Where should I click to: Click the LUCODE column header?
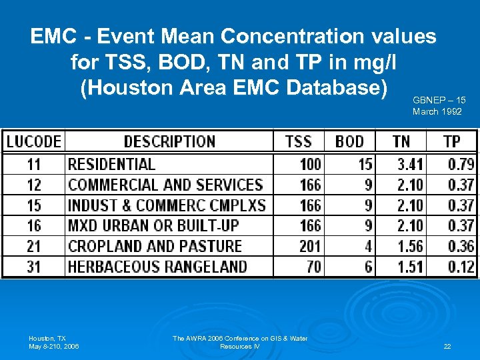tap(34, 141)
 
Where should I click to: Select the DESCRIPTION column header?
tap(169, 141)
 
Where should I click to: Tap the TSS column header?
tap(298, 141)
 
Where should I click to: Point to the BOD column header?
tap(349, 141)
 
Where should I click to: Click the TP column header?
tap(451, 141)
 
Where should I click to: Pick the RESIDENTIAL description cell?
tap(111, 164)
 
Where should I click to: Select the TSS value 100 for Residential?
tap(310, 164)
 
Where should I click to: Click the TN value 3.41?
tap(410, 164)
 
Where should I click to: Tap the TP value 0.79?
tap(461, 164)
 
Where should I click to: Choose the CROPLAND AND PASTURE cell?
tap(155, 246)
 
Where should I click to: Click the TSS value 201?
tap(310, 246)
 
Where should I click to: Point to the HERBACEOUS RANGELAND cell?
tap(157, 267)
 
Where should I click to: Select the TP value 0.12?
tap(461, 267)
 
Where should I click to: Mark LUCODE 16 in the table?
tap(34, 225)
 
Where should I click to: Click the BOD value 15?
tap(365, 164)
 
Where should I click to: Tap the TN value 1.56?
tap(410, 246)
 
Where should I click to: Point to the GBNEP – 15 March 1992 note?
tap(439, 105)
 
